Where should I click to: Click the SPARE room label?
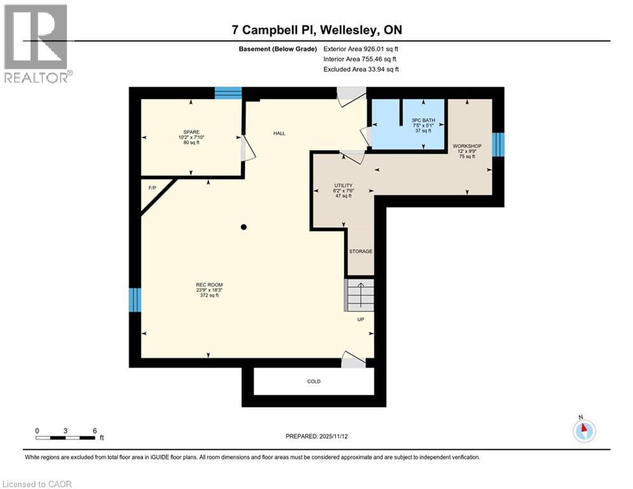pyautogui.click(x=191, y=132)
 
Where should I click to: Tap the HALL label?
pyautogui.click(x=279, y=133)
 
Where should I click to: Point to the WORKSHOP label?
pyautogui.click(x=467, y=146)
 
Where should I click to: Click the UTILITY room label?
pyautogui.click(x=344, y=185)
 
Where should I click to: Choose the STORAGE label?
pyautogui.click(x=361, y=252)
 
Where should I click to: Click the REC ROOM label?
pyautogui.click(x=209, y=285)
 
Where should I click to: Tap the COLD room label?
pyautogui.click(x=314, y=381)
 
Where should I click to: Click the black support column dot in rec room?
pyautogui.click(x=243, y=227)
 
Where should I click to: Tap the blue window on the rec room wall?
pyautogui.click(x=134, y=299)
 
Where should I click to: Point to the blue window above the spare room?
pyautogui.click(x=228, y=93)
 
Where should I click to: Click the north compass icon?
pyautogui.click(x=583, y=430)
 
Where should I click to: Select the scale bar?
pyautogui.click(x=66, y=437)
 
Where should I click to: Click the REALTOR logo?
pyautogui.click(x=37, y=43)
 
